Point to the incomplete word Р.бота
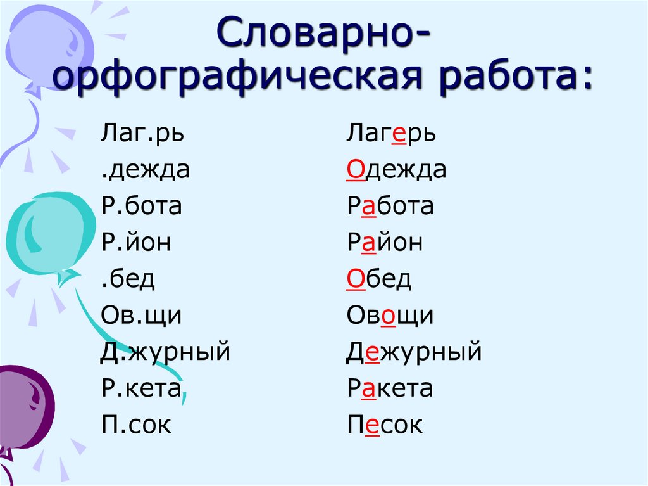[x=141, y=207]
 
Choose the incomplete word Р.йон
[x=136, y=243]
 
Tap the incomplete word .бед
[x=127, y=279]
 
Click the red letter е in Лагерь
[x=399, y=135]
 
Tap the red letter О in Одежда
[x=354, y=170]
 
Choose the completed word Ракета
[x=390, y=388]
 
